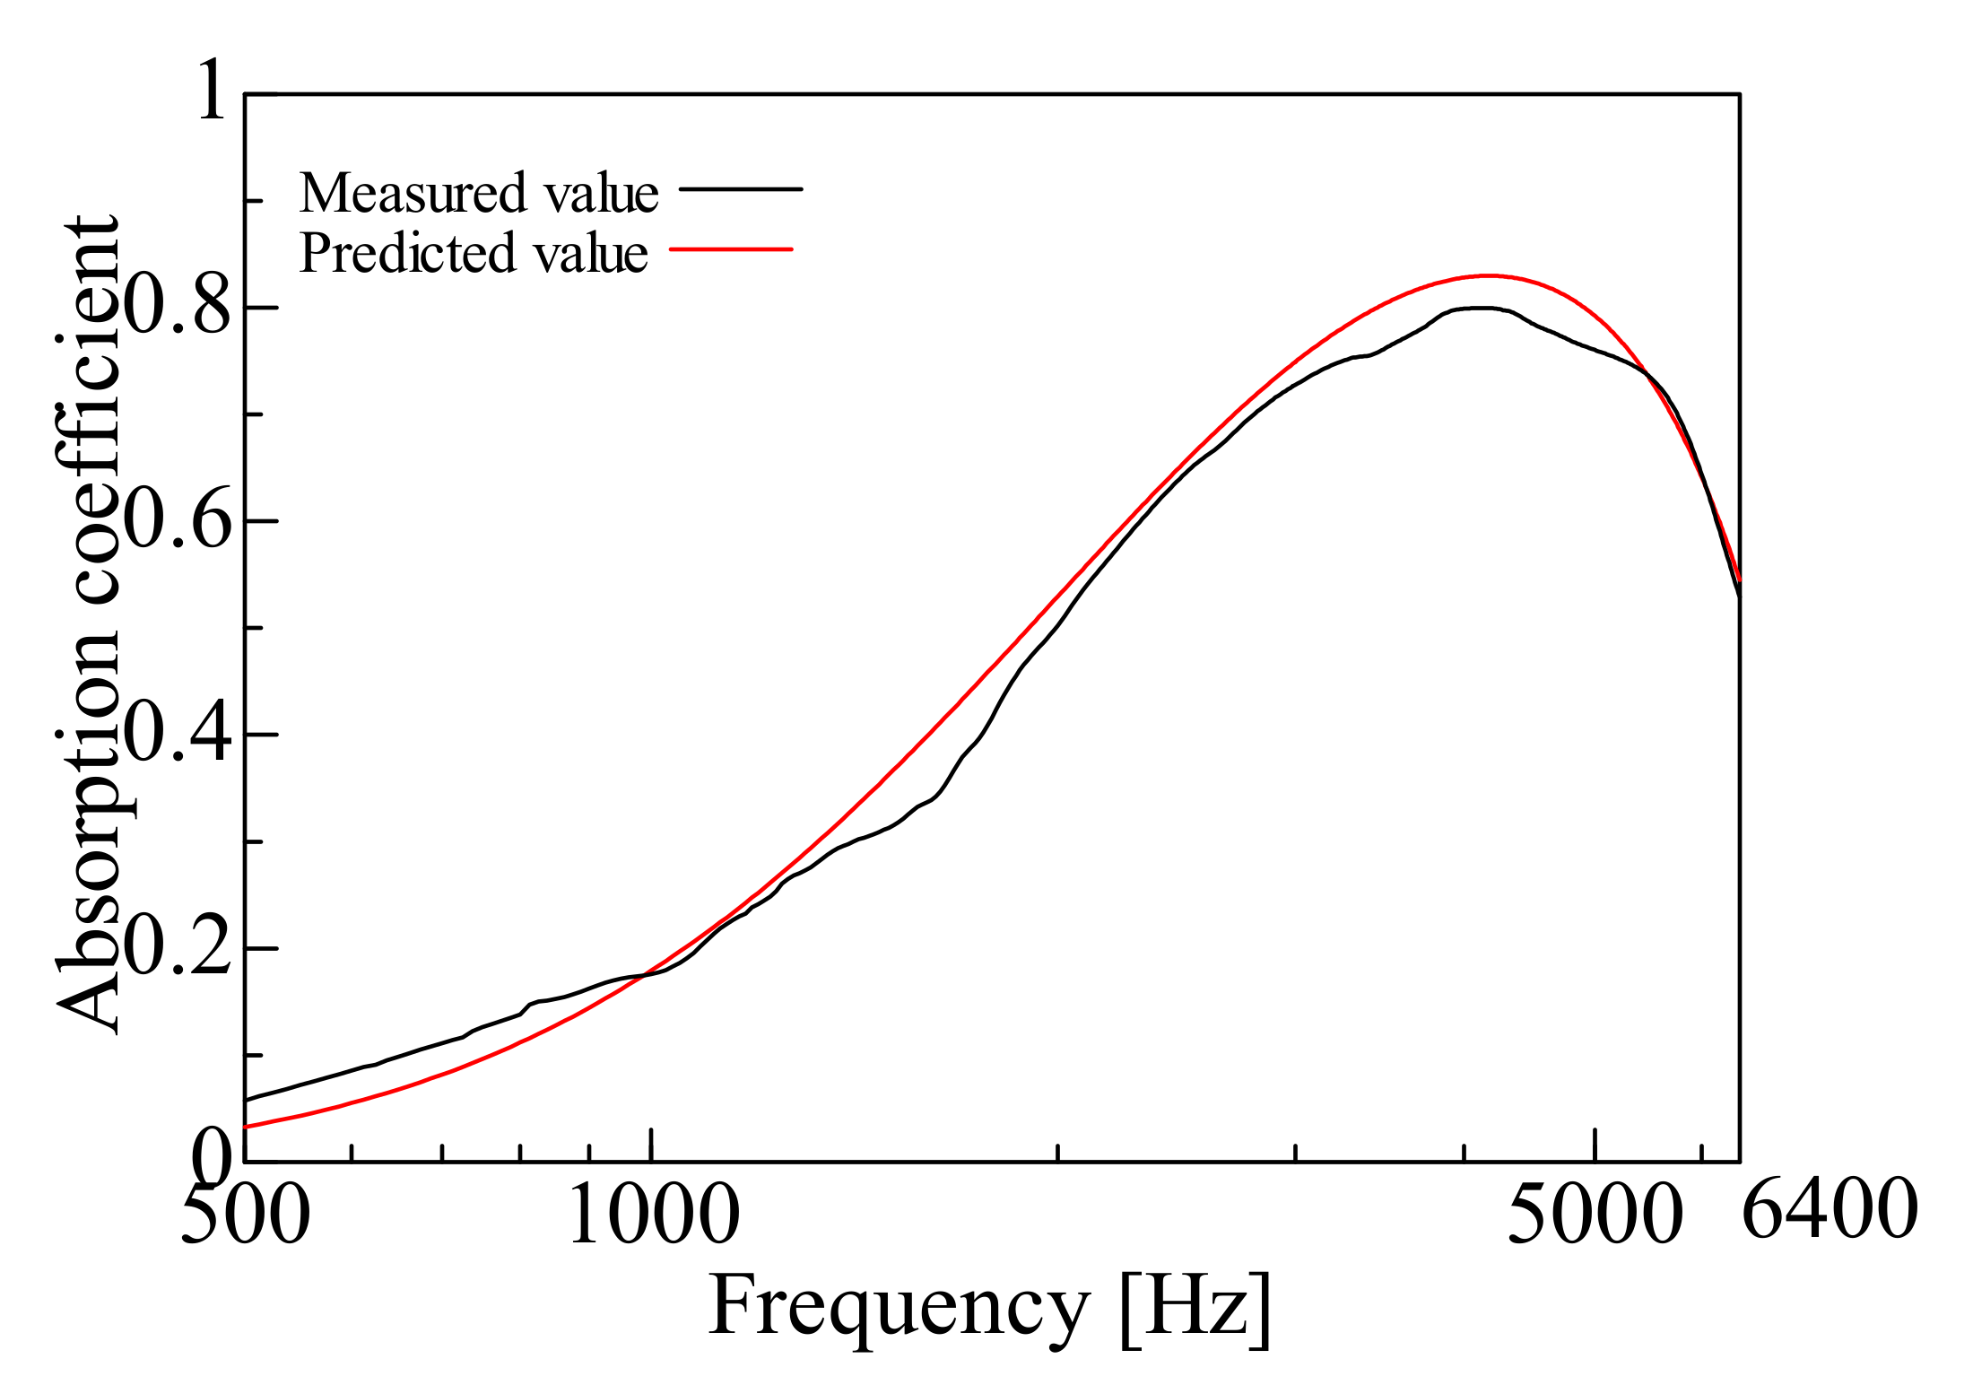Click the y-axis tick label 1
212,91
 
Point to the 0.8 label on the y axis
177,307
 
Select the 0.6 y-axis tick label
177,520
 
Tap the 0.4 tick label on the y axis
177,734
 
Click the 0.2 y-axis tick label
177,948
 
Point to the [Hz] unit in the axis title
1195,1310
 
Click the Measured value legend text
479,193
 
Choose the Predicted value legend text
473,253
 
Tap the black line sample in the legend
741,189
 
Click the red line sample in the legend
732,248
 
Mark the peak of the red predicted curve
1489,275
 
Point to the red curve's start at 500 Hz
247,1127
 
